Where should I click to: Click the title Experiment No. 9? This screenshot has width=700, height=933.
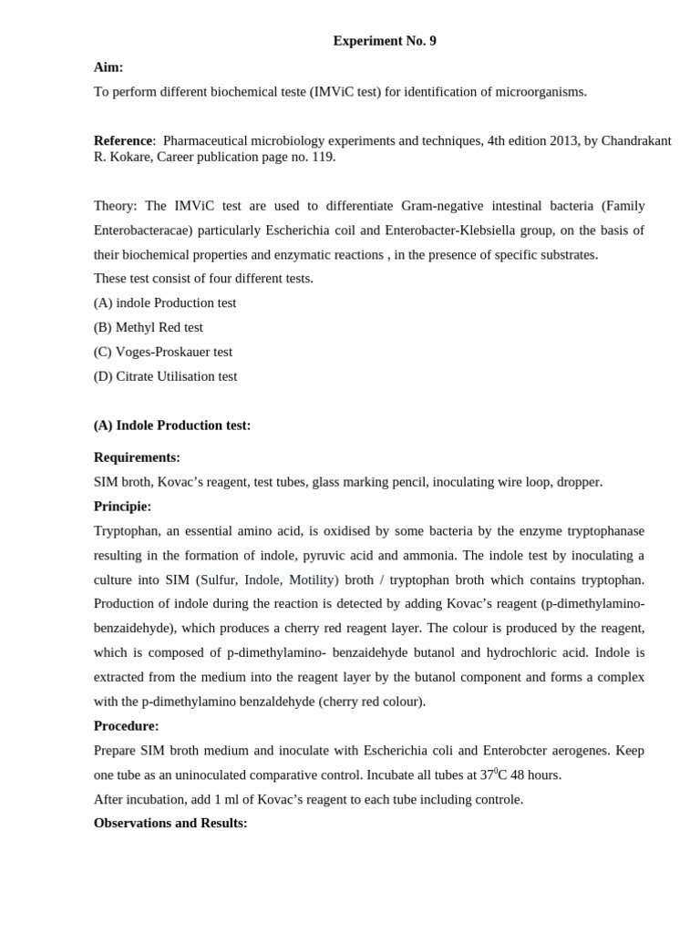tap(384, 41)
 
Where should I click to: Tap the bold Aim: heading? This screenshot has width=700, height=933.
tap(108, 67)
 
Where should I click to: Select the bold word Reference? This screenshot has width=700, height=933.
tap(122, 140)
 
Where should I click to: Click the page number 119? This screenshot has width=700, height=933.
tap(323, 157)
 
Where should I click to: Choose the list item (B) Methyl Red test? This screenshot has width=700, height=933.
tap(149, 327)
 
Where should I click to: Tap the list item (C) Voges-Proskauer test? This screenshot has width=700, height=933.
tap(163, 352)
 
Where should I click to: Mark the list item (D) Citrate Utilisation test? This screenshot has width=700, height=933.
tap(165, 376)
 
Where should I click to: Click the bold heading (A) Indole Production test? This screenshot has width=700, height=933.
tap(172, 425)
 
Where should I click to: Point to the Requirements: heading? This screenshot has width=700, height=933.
tap(137, 457)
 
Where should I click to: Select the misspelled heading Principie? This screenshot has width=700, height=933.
tap(122, 507)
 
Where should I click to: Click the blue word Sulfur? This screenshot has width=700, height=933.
tap(218, 579)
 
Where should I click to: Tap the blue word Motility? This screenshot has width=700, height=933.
tap(312, 579)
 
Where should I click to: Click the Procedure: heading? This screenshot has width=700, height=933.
tap(126, 726)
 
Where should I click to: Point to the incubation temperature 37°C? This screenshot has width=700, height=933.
tap(495, 774)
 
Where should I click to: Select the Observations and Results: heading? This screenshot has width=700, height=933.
tap(170, 823)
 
